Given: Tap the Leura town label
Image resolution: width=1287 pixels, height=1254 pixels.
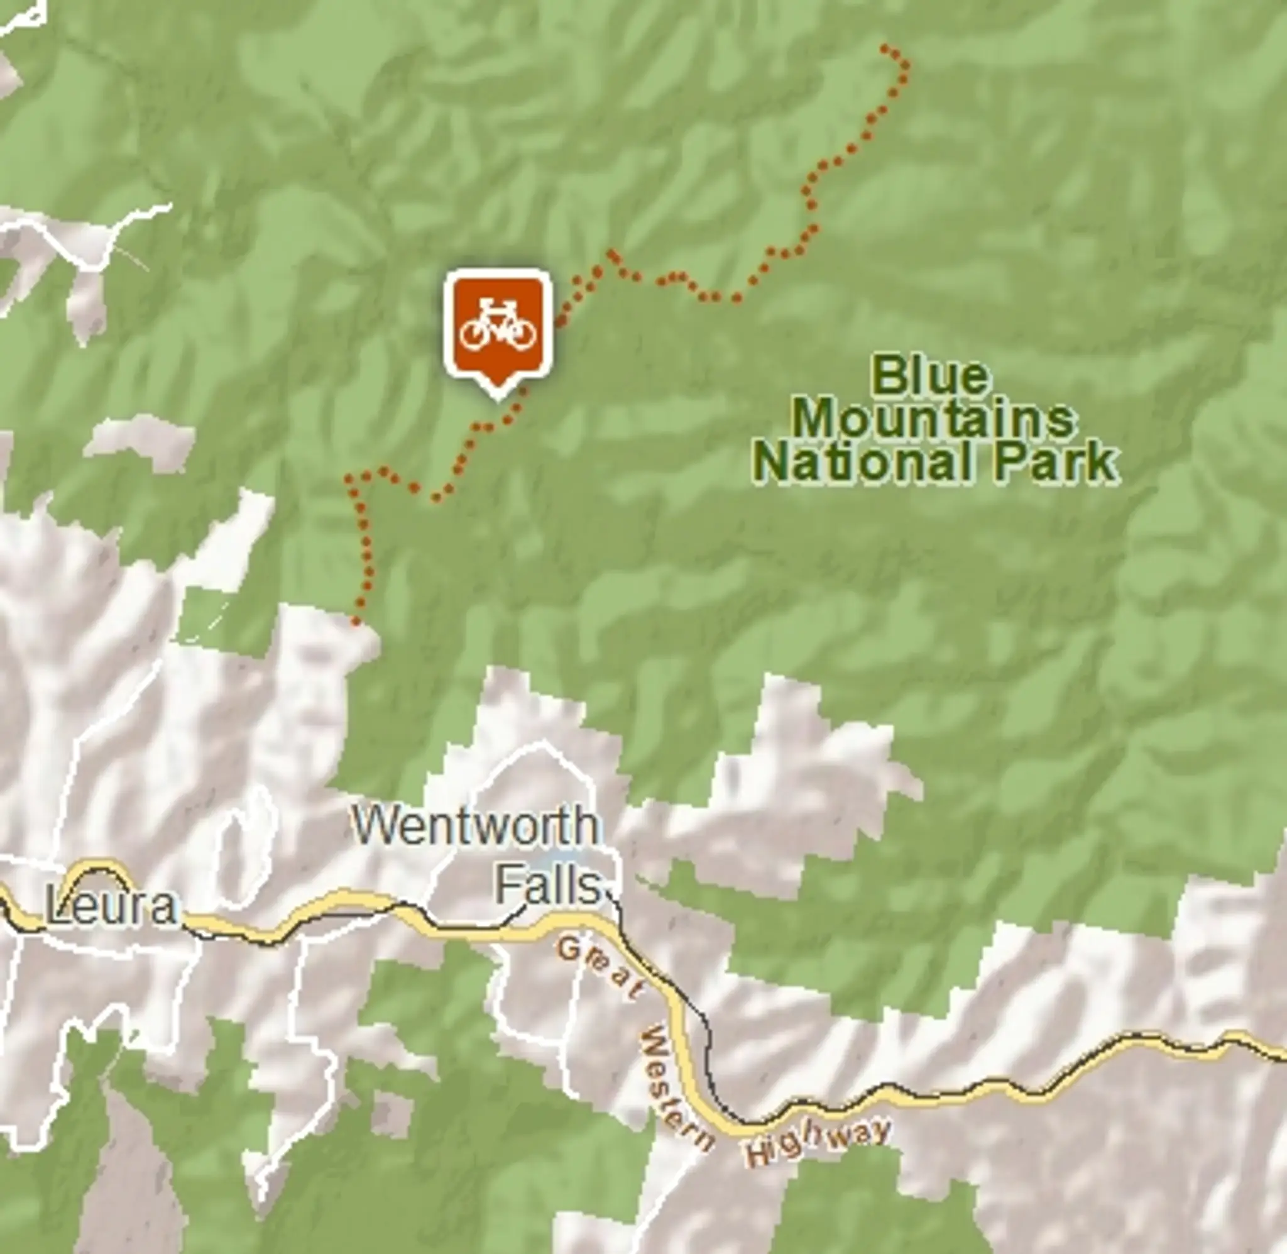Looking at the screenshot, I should (111, 907).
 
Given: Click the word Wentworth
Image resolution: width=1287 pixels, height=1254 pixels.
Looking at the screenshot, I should (474, 826).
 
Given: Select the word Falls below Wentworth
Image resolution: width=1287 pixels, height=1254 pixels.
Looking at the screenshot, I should (548, 886).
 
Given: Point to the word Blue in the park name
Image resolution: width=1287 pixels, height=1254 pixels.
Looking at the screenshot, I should (930, 376).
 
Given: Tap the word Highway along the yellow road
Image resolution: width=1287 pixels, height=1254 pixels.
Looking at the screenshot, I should (818, 1143).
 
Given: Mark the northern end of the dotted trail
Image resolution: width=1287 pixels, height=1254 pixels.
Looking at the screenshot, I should (885, 47).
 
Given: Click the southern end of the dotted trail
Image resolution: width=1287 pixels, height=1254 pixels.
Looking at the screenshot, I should (356, 621).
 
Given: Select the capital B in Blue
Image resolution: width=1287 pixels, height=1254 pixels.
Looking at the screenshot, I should (887, 376).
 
